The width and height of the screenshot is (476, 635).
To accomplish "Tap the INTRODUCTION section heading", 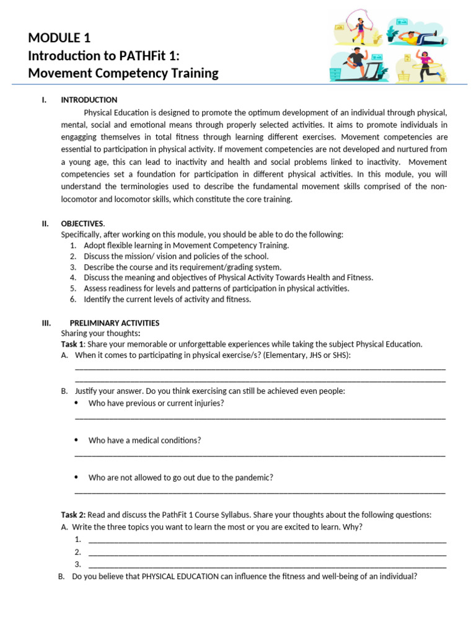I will pyautogui.click(x=89, y=100).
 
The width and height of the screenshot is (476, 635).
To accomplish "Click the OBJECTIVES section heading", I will pyautogui.click(x=82, y=223).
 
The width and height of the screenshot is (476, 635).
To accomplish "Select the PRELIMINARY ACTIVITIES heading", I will pyautogui.click(x=114, y=323).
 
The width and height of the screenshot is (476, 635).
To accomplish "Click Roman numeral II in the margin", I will pyautogui.click(x=45, y=223).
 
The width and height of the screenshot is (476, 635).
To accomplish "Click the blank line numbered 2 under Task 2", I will pyautogui.click(x=267, y=552).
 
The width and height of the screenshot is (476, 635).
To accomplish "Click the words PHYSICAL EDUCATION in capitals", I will pyautogui.click(x=180, y=576).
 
